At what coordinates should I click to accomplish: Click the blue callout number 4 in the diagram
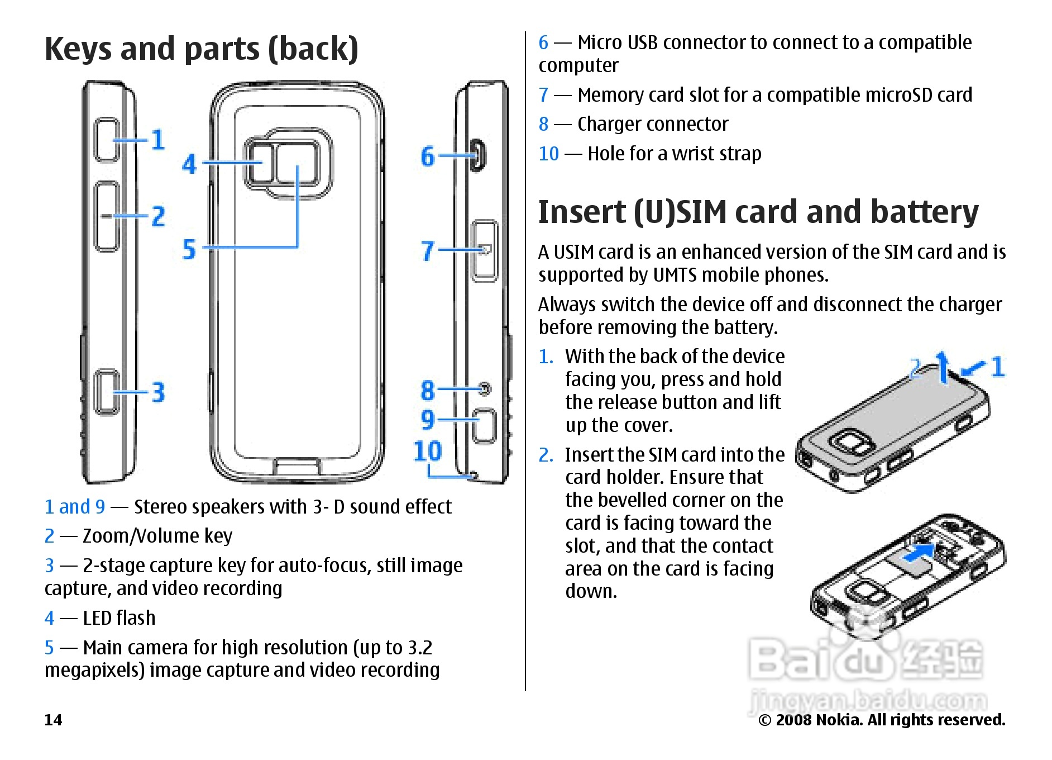(x=190, y=164)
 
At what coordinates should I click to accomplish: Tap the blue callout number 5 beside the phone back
(x=190, y=249)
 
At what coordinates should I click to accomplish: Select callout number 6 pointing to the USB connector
(x=428, y=156)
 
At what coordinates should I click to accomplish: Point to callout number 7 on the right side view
(x=428, y=251)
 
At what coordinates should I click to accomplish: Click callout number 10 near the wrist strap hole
(x=428, y=451)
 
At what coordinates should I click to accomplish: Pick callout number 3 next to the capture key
(x=159, y=392)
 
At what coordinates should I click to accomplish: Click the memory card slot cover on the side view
(x=484, y=250)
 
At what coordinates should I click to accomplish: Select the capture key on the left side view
(x=106, y=392)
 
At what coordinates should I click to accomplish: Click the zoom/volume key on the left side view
(x=106, y=216)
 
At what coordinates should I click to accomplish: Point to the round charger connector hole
(x=485, y=388)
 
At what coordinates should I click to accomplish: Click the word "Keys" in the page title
(x=78, y=49)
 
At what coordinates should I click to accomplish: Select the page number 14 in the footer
(x=53, y=720)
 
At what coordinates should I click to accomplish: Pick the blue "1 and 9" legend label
(x=75, y=507)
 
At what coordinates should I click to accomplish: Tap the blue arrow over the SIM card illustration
(x=919, y=553)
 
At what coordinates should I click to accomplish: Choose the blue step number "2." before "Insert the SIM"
(x=546, y=455)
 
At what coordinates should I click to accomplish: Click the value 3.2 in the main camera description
(x=420, y=648)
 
